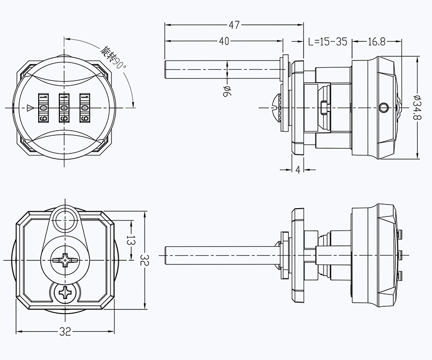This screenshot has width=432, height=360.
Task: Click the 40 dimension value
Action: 224,42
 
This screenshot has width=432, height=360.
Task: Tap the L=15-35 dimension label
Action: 327,42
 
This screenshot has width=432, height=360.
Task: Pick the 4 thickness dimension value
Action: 298,170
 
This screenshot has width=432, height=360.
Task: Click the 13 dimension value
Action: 131,240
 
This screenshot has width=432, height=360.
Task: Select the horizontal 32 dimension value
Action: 66,332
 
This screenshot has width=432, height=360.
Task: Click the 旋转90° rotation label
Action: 112,57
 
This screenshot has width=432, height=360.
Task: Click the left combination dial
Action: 43,107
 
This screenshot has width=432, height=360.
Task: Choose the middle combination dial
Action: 65,107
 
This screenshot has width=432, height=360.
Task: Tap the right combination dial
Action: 85,107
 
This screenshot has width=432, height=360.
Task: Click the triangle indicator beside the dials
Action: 29,108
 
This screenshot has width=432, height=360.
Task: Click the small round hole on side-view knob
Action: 382,107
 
